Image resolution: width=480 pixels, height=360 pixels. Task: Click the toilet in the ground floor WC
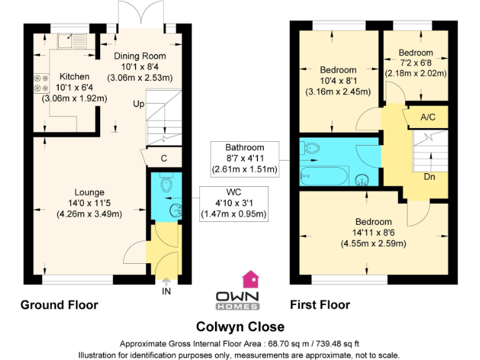(166, 183)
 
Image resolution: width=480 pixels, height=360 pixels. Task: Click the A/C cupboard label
(428, 117)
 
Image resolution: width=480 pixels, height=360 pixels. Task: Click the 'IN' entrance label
(166, 291)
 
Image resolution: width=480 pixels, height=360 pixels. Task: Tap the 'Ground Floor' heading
(59, 305)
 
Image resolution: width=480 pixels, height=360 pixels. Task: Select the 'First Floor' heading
(320, 305)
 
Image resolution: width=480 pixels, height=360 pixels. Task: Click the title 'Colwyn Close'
(240, 326)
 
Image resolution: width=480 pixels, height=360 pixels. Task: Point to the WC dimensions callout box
(233, 204)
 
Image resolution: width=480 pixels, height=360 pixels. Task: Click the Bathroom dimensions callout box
(244, 158)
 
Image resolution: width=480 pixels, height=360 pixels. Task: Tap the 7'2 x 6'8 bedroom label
(416, 62)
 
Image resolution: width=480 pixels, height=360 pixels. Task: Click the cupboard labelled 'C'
(163, 158)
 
